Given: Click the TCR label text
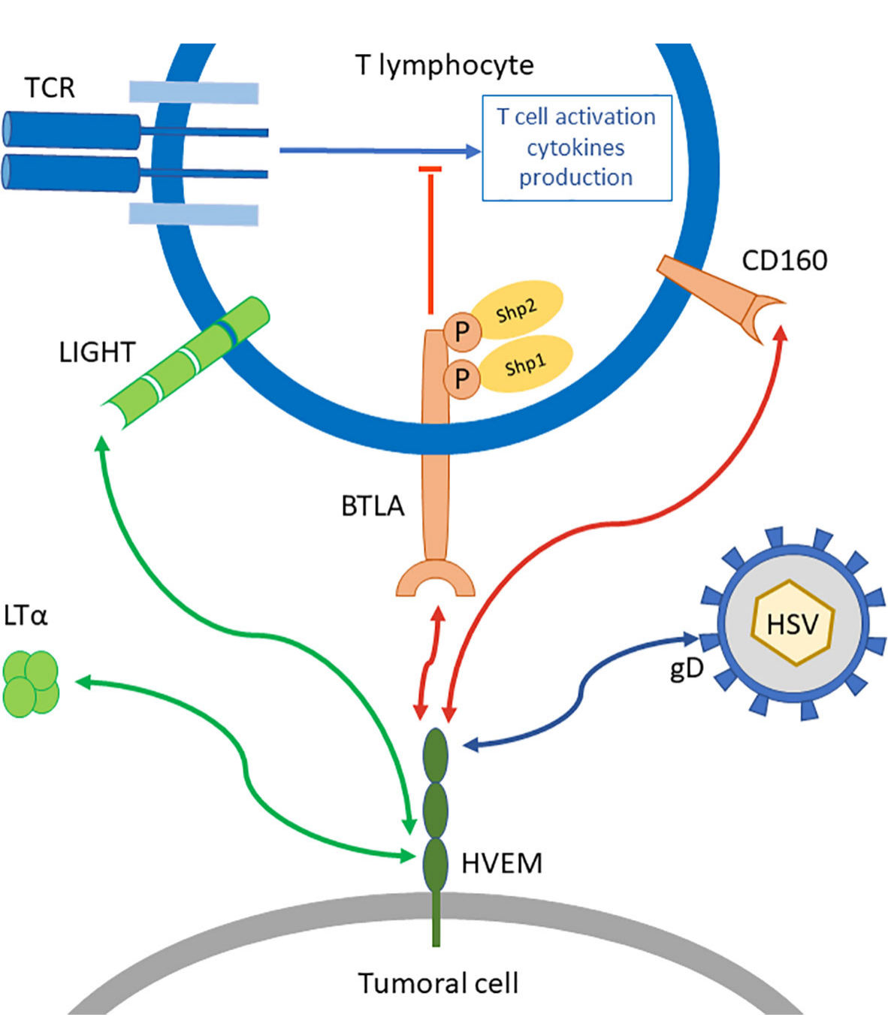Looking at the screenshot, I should point(50,88).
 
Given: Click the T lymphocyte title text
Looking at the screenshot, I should point(445,65).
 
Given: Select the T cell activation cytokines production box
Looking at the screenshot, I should point(576,148).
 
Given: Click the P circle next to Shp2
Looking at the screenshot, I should point(462,331).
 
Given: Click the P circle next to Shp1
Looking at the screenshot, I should point(462,378).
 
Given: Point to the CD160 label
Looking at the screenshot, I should point(784,260).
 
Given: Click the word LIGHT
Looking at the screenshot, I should point(97,352).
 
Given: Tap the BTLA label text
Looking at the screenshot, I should point(373,506).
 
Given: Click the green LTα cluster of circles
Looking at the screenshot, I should point(32,683).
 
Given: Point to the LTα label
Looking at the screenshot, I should point(26,616).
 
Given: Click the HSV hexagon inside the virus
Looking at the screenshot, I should point(793,623).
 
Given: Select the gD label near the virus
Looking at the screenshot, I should point(686,668).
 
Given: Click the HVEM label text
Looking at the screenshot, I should point(501,864).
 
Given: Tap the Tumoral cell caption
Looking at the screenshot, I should point(438,983).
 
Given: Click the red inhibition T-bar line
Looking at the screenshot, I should point(430,240).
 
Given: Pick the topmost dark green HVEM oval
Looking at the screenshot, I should point(436,755).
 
